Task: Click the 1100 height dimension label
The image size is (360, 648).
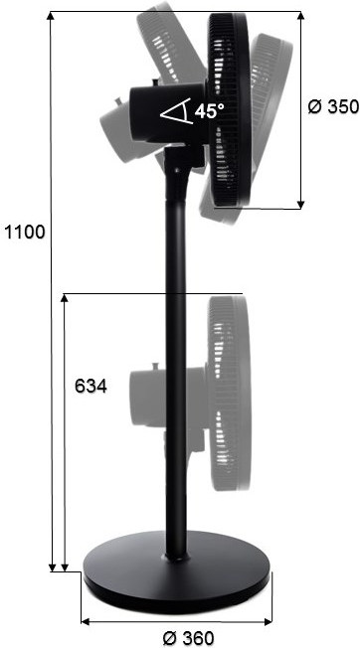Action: click(x=24, y=233)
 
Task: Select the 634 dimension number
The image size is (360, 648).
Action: click(x=90, y=387)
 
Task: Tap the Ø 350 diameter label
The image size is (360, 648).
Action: click(x=333, y=106)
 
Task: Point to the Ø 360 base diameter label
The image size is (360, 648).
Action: click(x=188, y=638)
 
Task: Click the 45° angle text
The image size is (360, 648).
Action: click(x=210, y=111)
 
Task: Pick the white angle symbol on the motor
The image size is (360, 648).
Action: click(x=176, y=111)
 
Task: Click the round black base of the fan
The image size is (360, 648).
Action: click(x=176, y=572)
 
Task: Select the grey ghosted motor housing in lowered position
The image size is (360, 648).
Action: click(x=168, y=397)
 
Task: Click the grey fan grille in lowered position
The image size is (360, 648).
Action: click(x=230, y=393)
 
